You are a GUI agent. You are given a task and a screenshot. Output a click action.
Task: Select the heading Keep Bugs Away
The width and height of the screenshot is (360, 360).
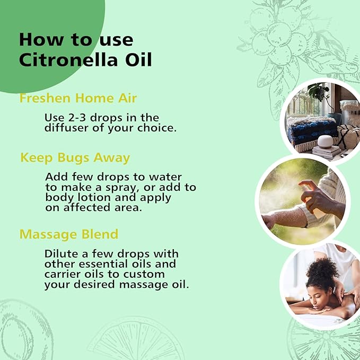click(x=75, y=158)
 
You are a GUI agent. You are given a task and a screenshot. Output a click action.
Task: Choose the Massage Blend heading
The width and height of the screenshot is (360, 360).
click(x=69, y=234)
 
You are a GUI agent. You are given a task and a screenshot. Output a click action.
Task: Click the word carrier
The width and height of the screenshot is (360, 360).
click(x=60, y=274)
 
